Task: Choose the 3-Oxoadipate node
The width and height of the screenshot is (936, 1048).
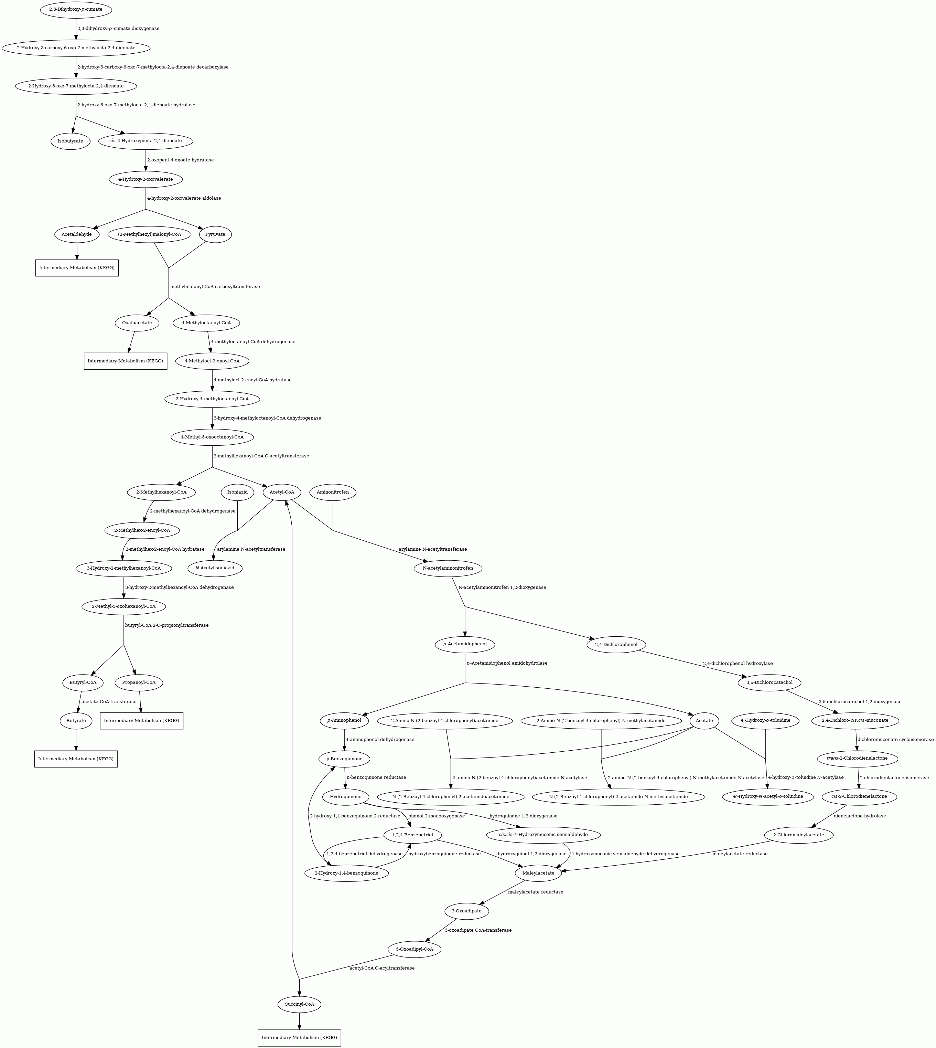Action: click(x=466, y=911)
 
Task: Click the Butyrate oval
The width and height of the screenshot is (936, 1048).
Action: click(x=76, y=721)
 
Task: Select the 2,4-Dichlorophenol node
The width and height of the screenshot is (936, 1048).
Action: click(x=616, y=645)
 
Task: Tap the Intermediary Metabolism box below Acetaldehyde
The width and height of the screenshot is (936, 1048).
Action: click(x=77, y=268)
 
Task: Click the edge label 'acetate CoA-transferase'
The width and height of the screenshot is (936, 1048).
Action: click(x=109, y=702)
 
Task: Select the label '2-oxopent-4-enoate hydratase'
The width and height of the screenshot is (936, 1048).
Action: click(x=181, y=160)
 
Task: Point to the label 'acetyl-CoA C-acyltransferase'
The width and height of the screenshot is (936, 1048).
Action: click(x=382, y=968)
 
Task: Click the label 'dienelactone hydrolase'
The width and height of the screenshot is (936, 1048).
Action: click(x=860, y=816)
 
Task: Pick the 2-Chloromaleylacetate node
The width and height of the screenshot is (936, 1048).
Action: click(x=799, y=835)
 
